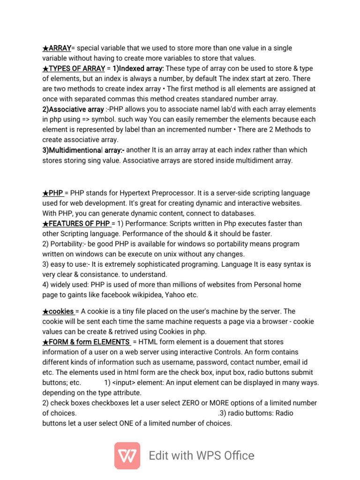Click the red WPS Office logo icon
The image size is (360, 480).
(x=127, y=456)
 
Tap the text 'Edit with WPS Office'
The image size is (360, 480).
(x=202, y=456)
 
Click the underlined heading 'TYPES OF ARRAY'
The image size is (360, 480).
(x=76, y=68)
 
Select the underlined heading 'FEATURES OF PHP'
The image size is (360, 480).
(x=79, y=223)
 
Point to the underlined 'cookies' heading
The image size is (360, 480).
(x=61, y=311)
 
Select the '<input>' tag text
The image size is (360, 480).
(x=127, y=382)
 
